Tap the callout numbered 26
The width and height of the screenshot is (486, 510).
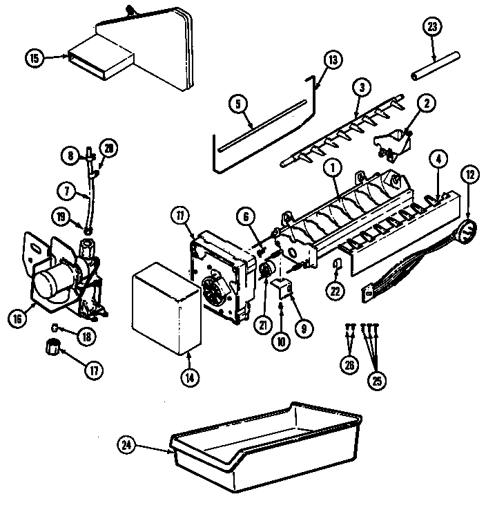click(351, 366)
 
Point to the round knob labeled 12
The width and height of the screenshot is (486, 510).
click(467, 232)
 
